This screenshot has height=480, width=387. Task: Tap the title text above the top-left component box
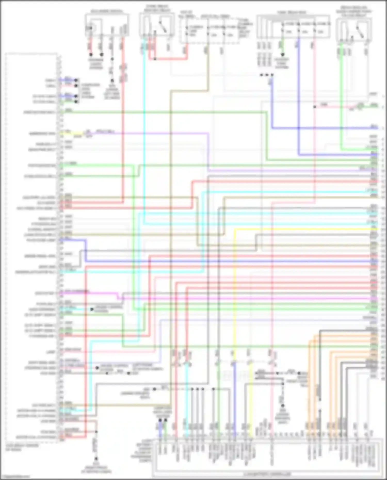pyautogui.click(x=107, y=12)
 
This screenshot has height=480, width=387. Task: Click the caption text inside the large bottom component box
pyautogui.click(x=267, y=474)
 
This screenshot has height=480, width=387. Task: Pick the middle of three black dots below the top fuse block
pyautogui.click(x=267, y=75)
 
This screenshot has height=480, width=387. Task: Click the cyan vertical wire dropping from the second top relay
pyautogui.click(x=144, y=129)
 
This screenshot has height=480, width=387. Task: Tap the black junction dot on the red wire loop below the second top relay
pyautogui.click(x=155, y=59)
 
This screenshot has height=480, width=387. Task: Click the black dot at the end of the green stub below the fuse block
pyautogui.click(x=283, y=55)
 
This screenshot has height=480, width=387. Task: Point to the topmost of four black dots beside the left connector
pyautogui.click(x=76, y=80)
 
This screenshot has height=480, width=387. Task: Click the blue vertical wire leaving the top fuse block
pyautogui.click(x=299, y=90)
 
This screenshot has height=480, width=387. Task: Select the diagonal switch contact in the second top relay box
pyautogui.click(x=163, y=27)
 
